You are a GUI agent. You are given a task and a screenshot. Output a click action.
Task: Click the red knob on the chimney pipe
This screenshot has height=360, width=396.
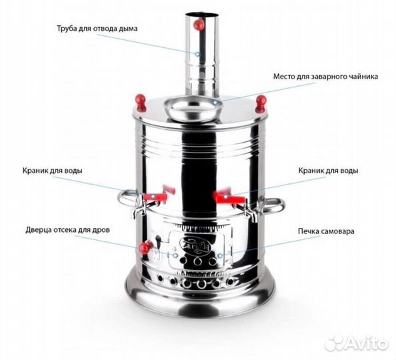click(198, 25)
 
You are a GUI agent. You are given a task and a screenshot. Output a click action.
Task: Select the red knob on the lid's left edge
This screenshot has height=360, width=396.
click(140, 101)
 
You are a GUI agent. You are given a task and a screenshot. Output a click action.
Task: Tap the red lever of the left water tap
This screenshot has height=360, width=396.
click(158, 197)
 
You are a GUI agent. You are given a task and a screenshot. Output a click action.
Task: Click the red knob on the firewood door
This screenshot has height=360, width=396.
click(143, 248)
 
